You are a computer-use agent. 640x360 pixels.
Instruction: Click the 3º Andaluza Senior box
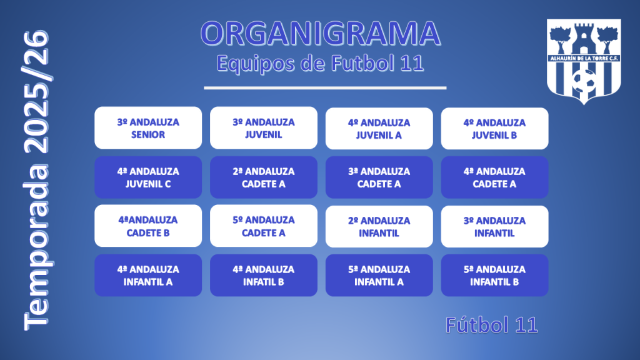[x=148, y=127]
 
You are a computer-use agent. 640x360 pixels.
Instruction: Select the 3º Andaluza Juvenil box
[x=264, y=127]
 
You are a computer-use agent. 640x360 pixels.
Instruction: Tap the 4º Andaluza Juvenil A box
[x=379, y=129]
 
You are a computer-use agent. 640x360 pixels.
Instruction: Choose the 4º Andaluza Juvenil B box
[x=495, y=129]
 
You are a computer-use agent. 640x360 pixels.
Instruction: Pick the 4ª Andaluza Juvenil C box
[x=148, y=177]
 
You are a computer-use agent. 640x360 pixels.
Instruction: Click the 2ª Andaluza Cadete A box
[x=264, y=177]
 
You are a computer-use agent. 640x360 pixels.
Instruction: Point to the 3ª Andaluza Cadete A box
[x=379, y=177]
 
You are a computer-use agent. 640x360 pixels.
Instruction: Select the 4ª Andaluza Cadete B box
[x=148, y=226]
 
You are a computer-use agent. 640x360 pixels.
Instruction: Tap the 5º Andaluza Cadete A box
[x=264, y=226]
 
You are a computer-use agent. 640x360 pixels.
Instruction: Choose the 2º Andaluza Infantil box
[x=379, y=226]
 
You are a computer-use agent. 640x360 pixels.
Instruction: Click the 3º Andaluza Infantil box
[x=495, y=226]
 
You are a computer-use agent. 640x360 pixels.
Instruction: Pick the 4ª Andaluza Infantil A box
[x=148, y=275]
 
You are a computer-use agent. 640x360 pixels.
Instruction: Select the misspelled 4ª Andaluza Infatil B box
[x=264, y=275]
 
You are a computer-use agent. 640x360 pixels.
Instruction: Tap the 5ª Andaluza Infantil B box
[x=495, y=275]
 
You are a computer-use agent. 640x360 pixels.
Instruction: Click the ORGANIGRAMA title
[x=321, y=34]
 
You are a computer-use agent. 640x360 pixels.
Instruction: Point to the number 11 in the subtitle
[x=412, y=63]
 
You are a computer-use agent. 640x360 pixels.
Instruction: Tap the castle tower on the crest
[x=584, y=38]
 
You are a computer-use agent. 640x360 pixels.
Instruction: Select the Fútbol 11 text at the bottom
[x=492, y=325]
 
